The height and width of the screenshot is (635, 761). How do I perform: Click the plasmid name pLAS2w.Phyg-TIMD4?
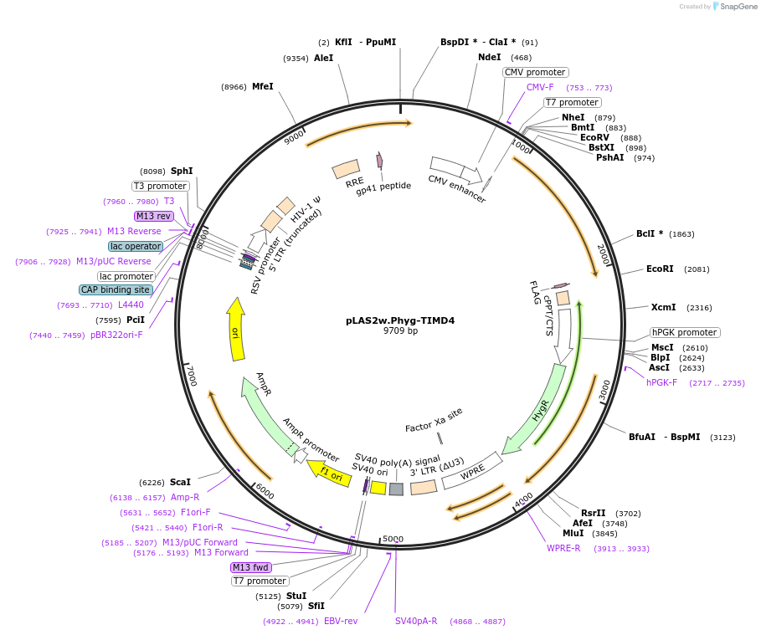tap(400, 320)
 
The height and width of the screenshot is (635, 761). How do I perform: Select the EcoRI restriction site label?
tap(660, 269)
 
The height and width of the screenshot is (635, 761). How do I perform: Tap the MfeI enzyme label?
tap(262, 86)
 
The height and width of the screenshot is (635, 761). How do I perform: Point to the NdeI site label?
tap(489, 57)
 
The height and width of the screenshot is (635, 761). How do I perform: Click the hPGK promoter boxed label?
tap(685, 332)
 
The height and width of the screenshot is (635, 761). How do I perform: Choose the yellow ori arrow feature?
tap(237, 330)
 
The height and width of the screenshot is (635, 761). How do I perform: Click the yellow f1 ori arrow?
tap(329, 473)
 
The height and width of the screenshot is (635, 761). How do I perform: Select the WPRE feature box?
tap(471, 470)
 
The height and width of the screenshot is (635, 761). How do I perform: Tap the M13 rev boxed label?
tap(153, 216)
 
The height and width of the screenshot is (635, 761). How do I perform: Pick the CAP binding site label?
tap(116, 289)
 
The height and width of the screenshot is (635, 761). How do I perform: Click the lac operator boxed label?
tap(135, 246)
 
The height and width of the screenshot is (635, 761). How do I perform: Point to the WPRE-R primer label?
tap(563, 548)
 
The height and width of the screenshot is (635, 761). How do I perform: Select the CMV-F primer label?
tap(540, 87)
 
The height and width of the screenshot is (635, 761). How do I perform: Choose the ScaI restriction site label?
tap(180, 482)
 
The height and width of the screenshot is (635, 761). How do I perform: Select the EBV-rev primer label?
tap(341, 621)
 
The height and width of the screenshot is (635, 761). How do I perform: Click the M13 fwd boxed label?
tap(251, 567)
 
